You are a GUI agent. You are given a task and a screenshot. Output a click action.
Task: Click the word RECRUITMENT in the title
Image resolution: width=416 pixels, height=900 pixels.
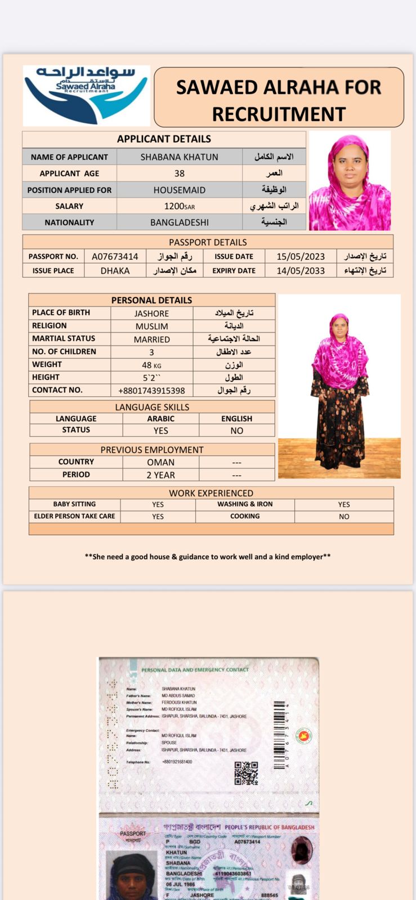(279, 114)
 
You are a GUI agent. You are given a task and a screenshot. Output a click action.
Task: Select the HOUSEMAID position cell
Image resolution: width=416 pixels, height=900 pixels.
(180, 190)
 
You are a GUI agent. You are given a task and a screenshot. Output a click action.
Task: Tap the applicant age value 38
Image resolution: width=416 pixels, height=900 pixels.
(180, 173)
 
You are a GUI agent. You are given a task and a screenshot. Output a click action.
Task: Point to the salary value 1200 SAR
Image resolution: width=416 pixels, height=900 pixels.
(180, 206)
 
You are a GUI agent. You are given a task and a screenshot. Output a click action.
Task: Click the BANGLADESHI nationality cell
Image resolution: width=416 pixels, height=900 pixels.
(180, 222)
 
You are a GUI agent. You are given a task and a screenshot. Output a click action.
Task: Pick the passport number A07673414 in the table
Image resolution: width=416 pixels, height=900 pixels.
(115, 256)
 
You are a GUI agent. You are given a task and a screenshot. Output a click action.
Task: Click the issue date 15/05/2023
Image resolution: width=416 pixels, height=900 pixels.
(301, 256)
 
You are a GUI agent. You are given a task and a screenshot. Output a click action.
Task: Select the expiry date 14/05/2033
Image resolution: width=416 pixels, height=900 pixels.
(301, 271)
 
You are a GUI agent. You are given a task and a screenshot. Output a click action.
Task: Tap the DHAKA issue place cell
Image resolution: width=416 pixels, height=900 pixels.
(115, 271)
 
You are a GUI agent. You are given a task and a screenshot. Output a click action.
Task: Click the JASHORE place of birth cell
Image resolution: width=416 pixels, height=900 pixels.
(151, 313)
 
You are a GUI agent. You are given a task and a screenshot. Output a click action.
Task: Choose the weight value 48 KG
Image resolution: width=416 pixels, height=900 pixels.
(151, 365)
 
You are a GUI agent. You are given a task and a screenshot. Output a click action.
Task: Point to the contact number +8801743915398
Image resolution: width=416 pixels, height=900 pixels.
(151, 390)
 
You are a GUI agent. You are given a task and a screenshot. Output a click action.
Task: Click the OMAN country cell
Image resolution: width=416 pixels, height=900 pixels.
(161, 462)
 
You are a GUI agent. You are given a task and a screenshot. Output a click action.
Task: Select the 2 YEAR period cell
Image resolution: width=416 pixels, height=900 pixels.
(161, 475)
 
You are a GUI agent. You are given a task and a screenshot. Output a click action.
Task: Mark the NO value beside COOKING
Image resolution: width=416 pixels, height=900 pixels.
(344, 516)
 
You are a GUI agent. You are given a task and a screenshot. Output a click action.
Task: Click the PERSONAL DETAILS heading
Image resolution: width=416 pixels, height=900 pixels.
(151, 300)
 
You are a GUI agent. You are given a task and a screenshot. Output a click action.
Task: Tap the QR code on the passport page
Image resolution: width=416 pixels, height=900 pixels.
(246, 773)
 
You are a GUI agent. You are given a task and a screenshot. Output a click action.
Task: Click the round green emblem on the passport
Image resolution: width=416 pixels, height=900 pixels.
(303, 736)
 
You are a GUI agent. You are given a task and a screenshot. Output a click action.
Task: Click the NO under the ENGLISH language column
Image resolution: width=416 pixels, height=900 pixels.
(237, 431)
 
